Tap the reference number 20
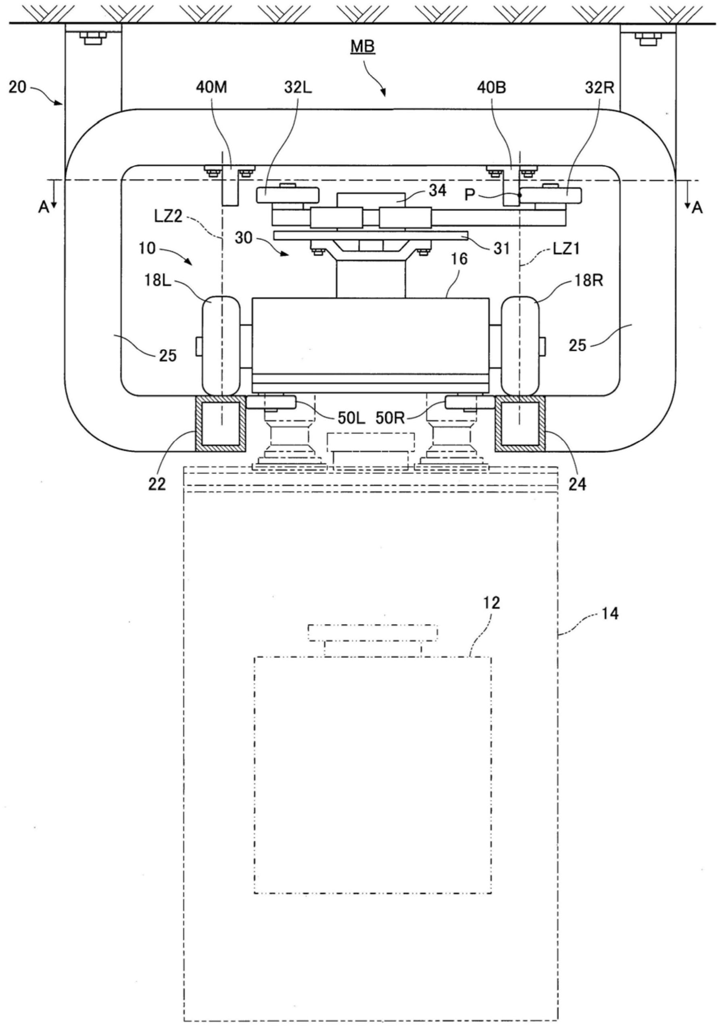point(17,87)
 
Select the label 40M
point(211,88)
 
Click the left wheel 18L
point(220,346)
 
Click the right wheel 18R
point(520,346)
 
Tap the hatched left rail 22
point(220,423)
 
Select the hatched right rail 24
point(520,423)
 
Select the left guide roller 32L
point(287,195)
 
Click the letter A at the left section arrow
point(44,208)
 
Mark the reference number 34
point(437,191)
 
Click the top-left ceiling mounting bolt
point(93,38)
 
